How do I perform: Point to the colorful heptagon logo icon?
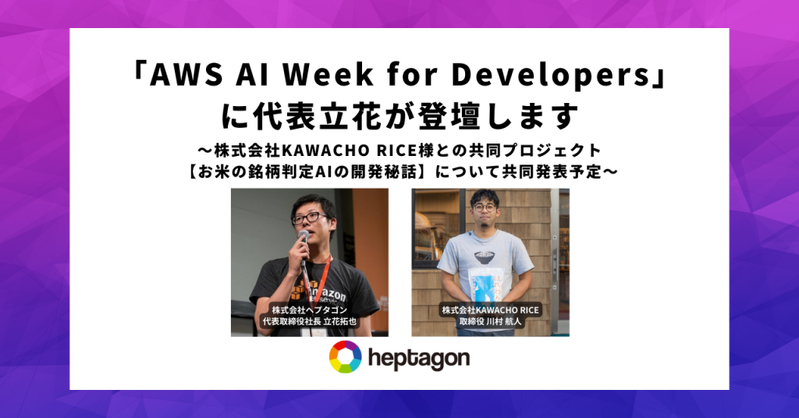pos(346,357)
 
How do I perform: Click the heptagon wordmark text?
pos(418,359)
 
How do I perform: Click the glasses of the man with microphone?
pos(309,218)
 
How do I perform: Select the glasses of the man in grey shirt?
pos(484,207)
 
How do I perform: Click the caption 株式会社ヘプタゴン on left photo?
pos(309,310)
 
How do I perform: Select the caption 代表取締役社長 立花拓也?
pos(309,322)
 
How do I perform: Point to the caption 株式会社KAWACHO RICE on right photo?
pos(490,310)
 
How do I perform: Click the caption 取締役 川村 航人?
pos(490,322)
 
